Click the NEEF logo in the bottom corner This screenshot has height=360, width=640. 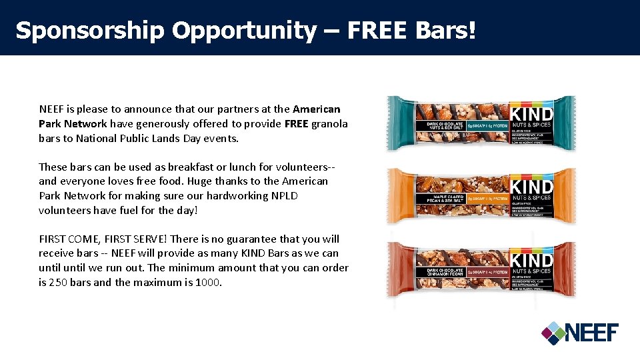579,332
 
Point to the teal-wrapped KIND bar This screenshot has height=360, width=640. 481,123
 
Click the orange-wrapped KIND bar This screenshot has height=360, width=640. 481,196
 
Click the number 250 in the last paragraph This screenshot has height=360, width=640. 59,282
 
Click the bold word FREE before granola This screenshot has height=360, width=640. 295,124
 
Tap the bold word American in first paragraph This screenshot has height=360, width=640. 316,109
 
